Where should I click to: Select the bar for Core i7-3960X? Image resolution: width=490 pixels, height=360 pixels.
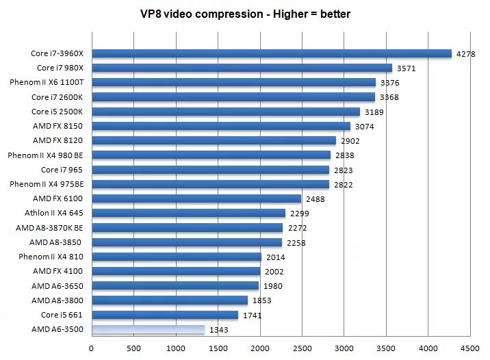tap(272, 53)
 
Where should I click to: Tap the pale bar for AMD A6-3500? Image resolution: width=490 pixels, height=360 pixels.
tap(148, 330)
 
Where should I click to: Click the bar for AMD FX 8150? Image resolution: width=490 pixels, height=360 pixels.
tap(221, 126)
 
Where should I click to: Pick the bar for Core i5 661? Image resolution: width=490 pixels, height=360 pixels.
tap(165, 315)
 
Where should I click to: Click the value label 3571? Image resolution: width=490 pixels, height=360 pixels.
tap(406, 68)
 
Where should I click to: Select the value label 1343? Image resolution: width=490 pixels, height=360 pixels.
tap(218, 331)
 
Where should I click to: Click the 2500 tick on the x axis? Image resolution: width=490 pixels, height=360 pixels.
tap(302, 348)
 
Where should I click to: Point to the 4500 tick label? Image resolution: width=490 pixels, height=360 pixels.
tap(470, 348)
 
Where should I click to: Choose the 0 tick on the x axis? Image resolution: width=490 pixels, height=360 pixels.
tap(92, 348)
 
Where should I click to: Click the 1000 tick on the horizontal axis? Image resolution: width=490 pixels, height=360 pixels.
tap(176, 348)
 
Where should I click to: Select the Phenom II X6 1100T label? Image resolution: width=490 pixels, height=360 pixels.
tap(47, 82)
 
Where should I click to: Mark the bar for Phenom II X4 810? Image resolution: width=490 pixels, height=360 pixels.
tap(177, 257)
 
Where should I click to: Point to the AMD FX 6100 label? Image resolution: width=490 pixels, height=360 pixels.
tap(58, 198)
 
